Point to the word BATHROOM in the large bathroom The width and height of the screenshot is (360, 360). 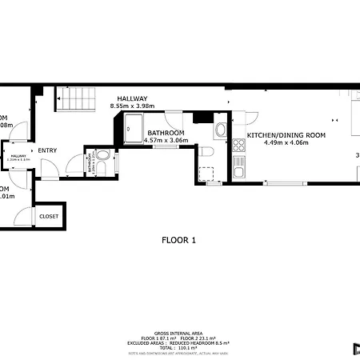coord(166,133)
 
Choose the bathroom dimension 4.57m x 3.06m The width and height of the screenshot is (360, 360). coord(165,140)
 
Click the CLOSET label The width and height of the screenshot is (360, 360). coord(49,216)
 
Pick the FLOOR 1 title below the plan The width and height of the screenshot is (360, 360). coord(179,239)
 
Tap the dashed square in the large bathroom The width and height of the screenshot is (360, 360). coord(206,173)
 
